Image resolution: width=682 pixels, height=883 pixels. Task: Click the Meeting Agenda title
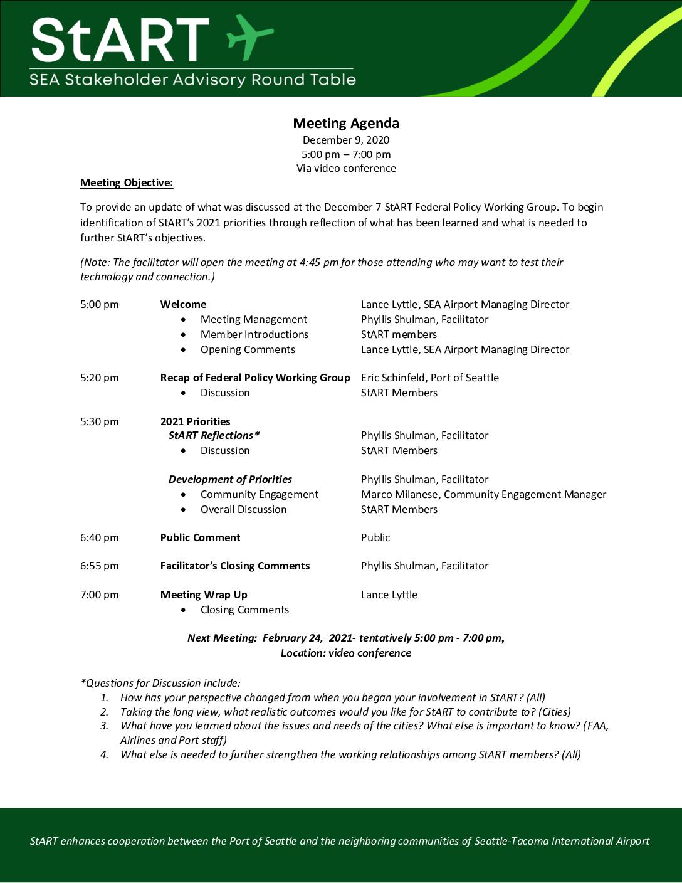(346, 124)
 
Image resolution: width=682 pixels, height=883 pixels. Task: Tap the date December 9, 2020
(346, 140)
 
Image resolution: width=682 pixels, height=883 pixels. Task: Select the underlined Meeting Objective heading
(127, 183)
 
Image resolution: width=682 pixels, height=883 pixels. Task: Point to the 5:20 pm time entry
(100, 378)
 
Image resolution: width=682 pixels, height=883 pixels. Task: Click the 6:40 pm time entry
(100, 537)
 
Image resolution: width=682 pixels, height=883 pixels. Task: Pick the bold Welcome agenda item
(183, 304)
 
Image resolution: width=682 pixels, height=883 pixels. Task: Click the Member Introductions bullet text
(254, 334)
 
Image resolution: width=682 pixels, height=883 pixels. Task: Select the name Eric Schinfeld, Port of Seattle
(430, 378)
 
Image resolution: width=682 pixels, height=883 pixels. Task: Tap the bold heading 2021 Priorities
(195, 421)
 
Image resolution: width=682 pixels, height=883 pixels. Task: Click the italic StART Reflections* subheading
(214, 435)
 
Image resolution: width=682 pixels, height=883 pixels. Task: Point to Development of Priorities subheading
(230, 479)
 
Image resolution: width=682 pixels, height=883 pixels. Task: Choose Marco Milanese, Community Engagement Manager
(483, 494)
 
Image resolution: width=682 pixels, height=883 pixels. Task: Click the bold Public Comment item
(200, 537)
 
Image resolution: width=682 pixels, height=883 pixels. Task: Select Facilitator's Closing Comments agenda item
(235, 566)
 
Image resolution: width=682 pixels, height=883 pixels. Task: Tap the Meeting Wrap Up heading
(204, 595)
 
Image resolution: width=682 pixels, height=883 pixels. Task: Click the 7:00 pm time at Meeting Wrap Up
(100, 595)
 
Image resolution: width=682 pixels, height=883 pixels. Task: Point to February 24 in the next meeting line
(293, 638)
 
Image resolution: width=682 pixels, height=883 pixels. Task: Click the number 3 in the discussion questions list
(105, 726)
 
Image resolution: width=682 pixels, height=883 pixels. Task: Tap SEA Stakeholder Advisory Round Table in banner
(192, 80)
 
